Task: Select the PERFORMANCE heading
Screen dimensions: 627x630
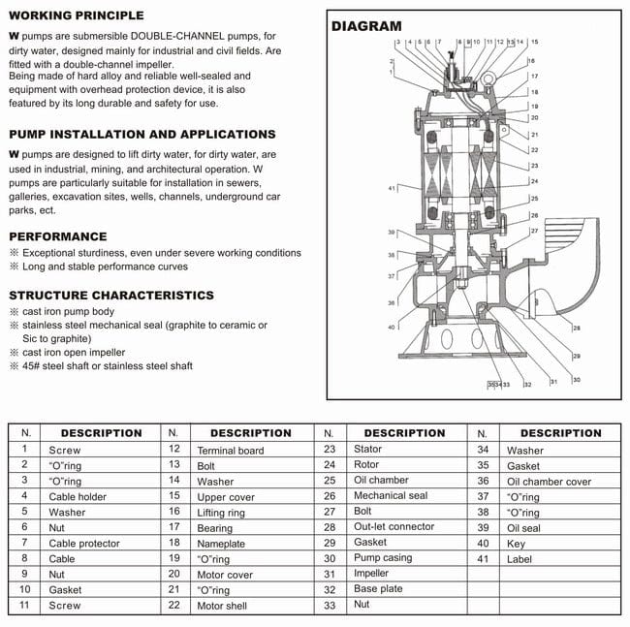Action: click(x=57, y=236)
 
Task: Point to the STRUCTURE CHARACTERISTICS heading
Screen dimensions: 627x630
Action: click(x=111, y=295)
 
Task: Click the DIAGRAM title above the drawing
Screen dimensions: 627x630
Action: click(x=366, y=26)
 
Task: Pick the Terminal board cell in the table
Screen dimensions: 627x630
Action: click(x=230, y=450)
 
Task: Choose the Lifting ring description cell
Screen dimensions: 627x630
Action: click(x=222, y=512)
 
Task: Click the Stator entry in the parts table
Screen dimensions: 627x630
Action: click(x=367, y=450)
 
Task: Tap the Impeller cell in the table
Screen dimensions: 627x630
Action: click(x=370, y=574)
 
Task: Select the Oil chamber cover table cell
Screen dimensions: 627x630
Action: click(x=549, y=481)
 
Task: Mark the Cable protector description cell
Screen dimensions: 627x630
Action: click(x=84, y=543)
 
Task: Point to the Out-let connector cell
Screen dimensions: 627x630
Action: click(x=394, y=527)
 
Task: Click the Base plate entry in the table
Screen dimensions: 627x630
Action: click(x=377, y=589)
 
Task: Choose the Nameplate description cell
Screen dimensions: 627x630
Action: click(x=221, y=543)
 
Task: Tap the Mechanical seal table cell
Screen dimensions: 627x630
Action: click(x=390, y=496)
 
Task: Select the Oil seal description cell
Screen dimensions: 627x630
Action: click(x=527, y=527)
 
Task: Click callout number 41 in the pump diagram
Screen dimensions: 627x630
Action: click(x=392, y=187)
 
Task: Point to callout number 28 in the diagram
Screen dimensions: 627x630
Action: click(x=577, y=329)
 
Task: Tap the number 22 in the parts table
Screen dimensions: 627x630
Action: click(x=173, y=605)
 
